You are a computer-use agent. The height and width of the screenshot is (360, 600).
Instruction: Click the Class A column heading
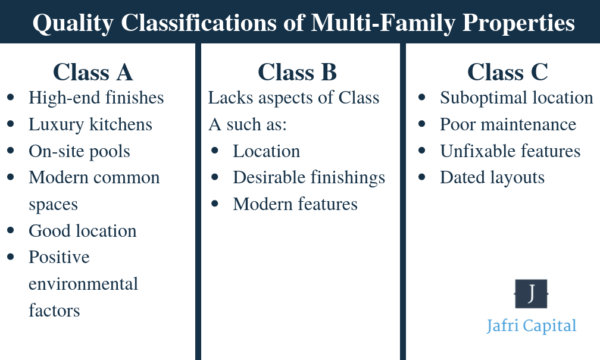point(92,72)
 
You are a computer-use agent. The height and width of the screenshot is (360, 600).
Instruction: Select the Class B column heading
point(297,72)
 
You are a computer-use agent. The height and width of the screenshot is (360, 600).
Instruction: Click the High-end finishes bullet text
point(98,98)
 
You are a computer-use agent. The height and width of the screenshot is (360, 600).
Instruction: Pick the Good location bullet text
point(83,231)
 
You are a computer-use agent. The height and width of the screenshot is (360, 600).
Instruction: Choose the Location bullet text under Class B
point(266,151)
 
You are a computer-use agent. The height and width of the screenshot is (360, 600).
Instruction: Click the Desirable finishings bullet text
point(309,178)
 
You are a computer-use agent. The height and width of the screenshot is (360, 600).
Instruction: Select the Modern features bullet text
point(296,204)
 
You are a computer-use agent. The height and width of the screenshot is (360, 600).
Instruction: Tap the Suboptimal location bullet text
point(517,98)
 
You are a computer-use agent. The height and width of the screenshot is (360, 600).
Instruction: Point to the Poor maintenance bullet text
point(508,125)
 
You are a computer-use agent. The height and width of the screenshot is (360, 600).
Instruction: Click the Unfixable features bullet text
point(511,151)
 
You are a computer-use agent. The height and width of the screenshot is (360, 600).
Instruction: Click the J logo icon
point(530,294)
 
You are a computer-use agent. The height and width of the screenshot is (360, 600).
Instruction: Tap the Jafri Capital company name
point(530,327)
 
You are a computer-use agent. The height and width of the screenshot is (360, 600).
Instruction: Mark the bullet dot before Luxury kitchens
point(12,125)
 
